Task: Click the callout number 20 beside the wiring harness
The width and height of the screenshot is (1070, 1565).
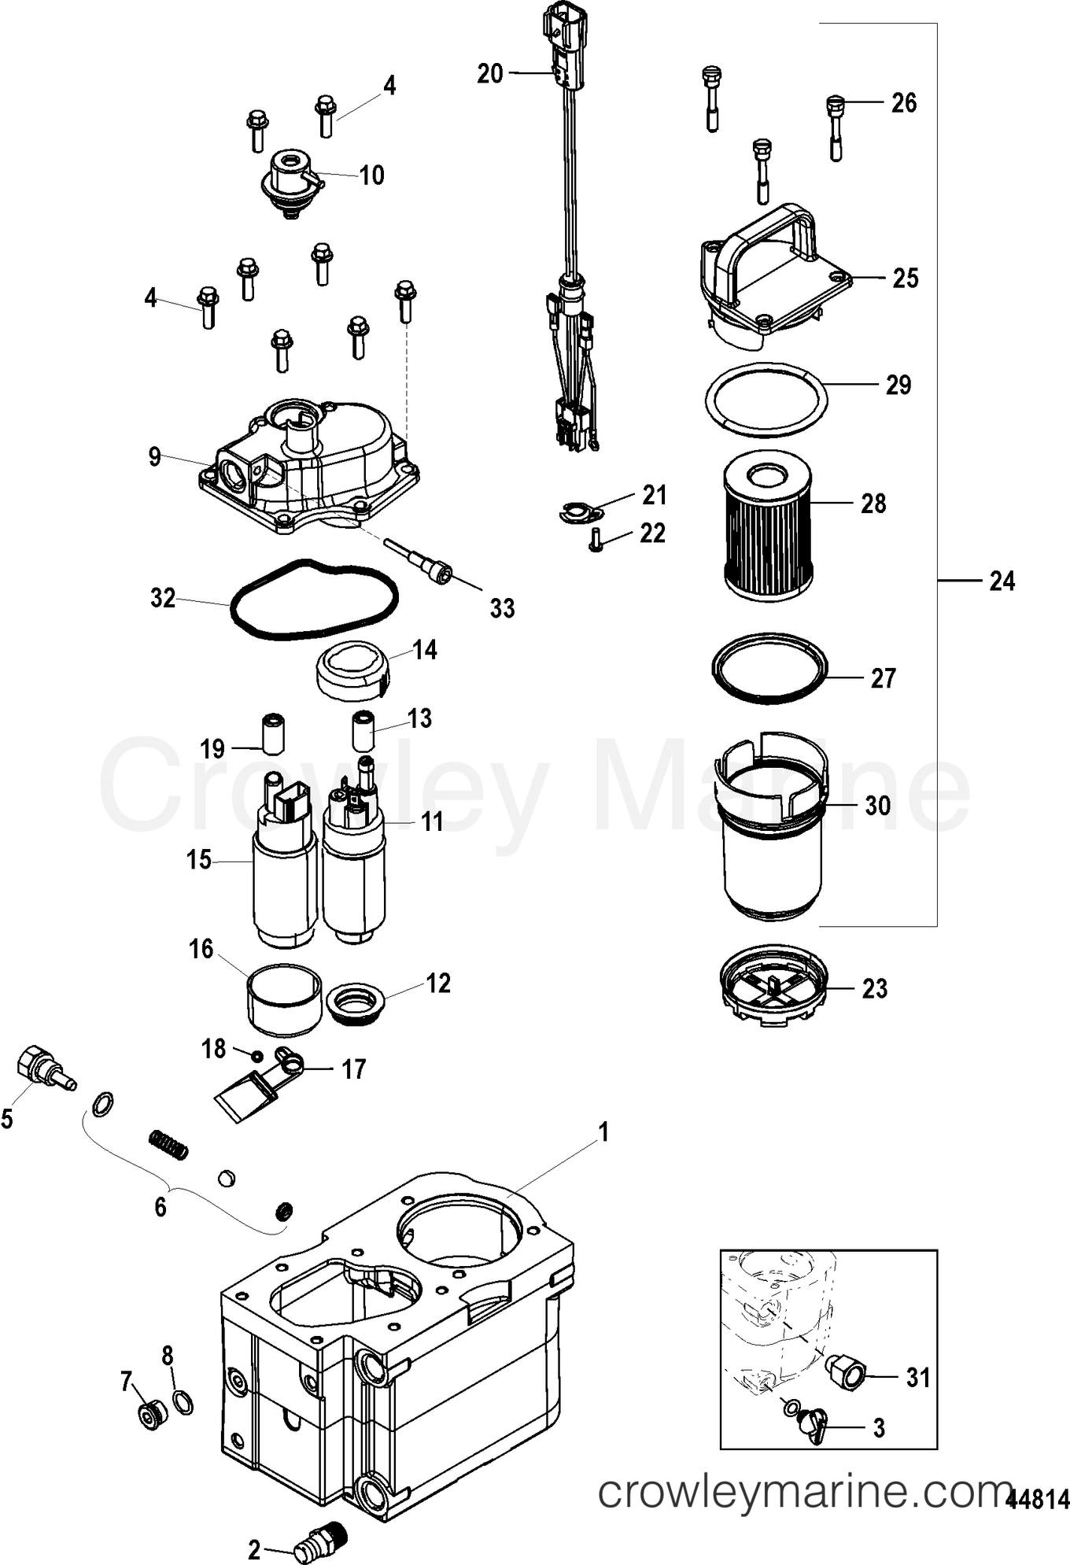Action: (489, 73)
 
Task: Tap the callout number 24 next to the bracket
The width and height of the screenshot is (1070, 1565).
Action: (1002, 581)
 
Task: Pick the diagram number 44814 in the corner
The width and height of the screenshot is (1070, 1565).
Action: (1038, 1499)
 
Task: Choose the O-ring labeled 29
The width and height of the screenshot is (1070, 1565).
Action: (766, 400)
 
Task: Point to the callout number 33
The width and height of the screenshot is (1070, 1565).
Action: (502, 608)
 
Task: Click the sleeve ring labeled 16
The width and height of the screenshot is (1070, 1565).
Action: (285, 1000)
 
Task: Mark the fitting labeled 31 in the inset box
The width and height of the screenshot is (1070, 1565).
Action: (846, 1375)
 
